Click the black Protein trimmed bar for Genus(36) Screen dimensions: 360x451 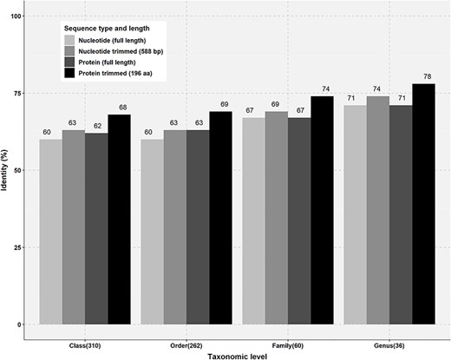424,204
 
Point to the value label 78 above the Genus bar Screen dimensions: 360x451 424,76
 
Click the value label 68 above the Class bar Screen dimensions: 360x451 119,108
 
